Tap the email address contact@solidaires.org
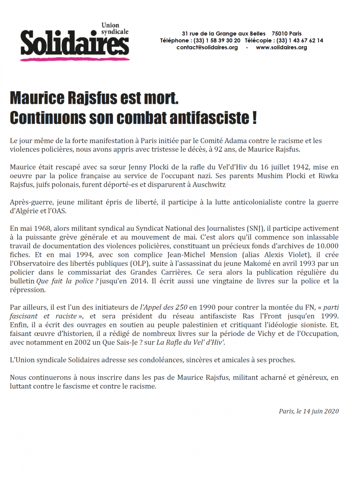click(207, 48)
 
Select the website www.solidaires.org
click(281, 48)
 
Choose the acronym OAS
click(60, 211)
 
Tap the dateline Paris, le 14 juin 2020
click(309, 411)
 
